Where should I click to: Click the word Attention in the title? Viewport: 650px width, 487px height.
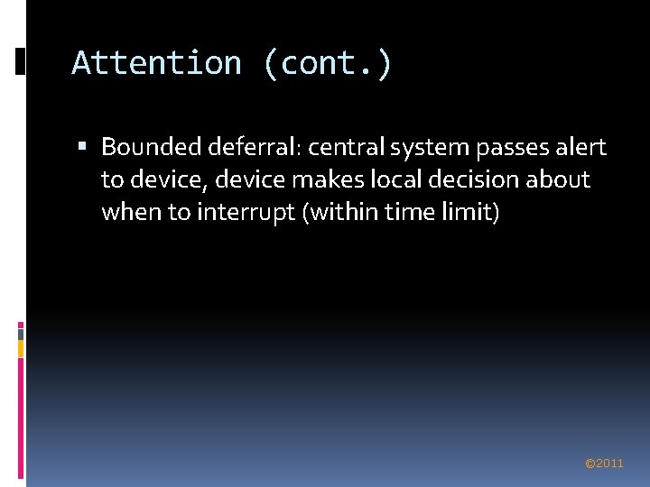pyautogui.click(x=156, y=63)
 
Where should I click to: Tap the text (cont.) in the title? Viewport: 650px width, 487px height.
pyautogui.click(x=328, y=63)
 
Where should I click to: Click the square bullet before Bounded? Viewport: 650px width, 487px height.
pyautogui.click(x=83, y=146)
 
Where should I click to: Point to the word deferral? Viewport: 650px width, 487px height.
pyautogui.click(x=248, y=146)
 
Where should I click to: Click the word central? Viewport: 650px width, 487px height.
pyautogui.click(x=346, y=146)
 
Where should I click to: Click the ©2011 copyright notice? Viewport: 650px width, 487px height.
pyautogui.click(x=604, y=463)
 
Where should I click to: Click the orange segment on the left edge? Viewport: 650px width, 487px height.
pyautogui.click(x=21, y=348)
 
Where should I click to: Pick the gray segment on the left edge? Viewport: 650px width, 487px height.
pyautogui.click(x=21, y=333)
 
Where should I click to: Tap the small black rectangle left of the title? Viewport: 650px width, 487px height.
pyautogui.click(x=21, y=60)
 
